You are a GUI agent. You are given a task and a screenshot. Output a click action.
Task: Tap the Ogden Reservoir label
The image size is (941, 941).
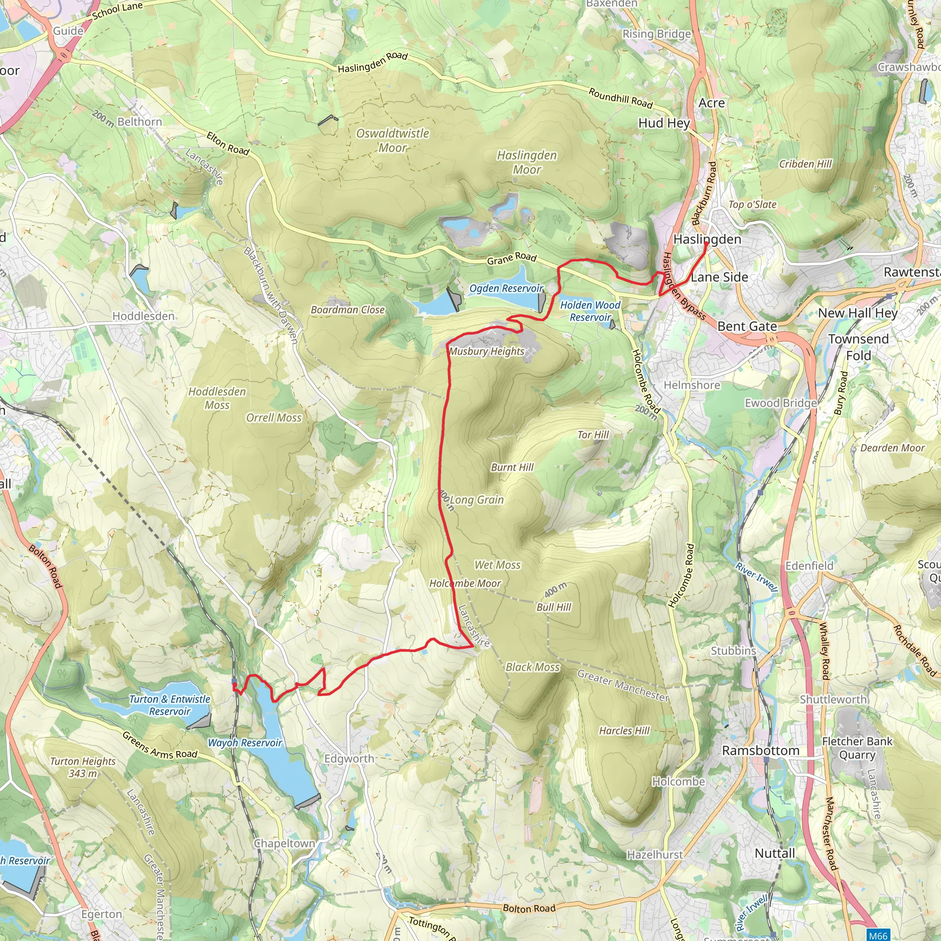[x=505, y=289]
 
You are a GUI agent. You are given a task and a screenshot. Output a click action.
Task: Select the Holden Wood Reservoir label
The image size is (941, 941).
[x=590, y=311]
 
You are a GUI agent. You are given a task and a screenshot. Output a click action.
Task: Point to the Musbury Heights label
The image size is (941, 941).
[x=487, y=351]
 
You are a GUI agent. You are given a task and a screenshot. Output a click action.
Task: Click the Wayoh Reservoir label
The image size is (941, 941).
[x=245, y=743]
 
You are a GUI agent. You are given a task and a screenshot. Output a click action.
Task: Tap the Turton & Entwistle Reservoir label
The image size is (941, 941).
[x=170, y=705]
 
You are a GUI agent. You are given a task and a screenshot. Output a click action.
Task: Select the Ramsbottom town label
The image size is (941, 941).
[x=760, y=751]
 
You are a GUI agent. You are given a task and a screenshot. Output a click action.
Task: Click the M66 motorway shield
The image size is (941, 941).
[x=878, y=935]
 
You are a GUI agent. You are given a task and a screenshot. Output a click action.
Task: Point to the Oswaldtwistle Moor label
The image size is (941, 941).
[x=392, y=140]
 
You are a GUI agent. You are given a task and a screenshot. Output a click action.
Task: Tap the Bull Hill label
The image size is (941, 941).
[x=554, y=607]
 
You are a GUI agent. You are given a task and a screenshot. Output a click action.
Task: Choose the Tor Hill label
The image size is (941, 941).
[x=593, y=435]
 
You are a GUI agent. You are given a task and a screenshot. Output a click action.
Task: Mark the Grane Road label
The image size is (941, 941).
[x=511, y=259]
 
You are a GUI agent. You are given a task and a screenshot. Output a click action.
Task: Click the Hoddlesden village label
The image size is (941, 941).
[x=143, y=316]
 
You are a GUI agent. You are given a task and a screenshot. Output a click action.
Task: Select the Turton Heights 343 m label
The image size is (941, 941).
[x=83, y=767]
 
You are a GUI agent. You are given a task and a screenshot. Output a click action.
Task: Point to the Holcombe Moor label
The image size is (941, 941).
[x=465, y=583]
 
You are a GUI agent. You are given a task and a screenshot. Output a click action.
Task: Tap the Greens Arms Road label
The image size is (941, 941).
[x=160, y=746]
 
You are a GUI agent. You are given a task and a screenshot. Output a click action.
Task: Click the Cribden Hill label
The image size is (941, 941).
[x=805, y=164]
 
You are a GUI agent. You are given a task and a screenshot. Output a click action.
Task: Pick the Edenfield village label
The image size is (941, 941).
[x=809, y=566]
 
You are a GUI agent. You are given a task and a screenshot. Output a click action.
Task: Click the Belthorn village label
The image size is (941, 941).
[x=139, y=121]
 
